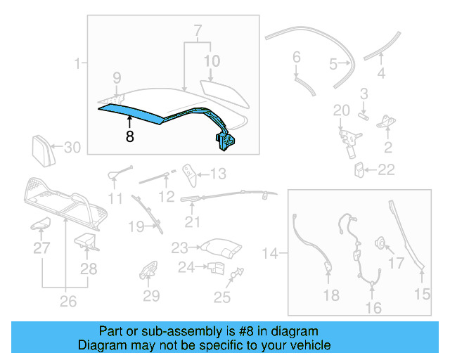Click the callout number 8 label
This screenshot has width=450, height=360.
click(x=129, y=136)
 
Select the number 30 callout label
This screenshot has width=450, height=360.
click(x=73, y=148)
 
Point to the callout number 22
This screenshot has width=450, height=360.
click(x=387, y=169)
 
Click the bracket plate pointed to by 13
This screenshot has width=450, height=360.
click(x=189, y=172)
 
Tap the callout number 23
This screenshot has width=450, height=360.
click(x=179, y=247)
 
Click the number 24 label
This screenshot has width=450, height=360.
click(x=185, y=267)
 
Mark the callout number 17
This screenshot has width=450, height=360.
click(x=397, y=264)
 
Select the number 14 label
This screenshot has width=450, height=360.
click(x=270, y=251)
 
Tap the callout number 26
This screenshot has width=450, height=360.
click(x=67, y=303)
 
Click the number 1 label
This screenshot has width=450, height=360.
click(x=77, y=65)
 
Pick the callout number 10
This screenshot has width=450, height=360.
click(x=212, y=61)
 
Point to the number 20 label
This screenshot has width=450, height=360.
click(x=341, y=110)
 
